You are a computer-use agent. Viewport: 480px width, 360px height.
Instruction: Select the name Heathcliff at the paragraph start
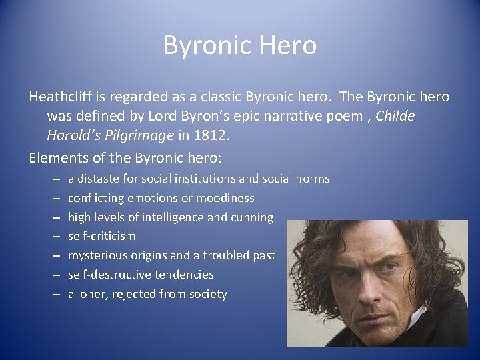[x=60, y=97]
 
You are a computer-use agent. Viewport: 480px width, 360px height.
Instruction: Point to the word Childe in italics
[x=395, y=116]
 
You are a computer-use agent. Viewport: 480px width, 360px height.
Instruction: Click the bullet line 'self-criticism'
[x=102, y=236]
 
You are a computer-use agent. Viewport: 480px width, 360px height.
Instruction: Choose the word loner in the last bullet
[x=94, y=294]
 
